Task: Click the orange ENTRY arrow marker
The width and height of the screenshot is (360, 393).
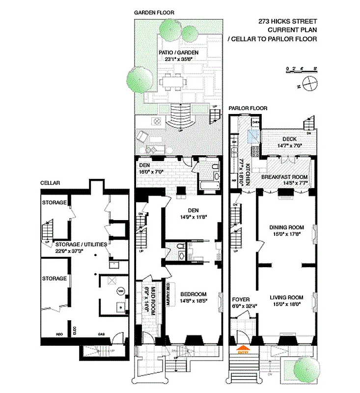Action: [243, 351]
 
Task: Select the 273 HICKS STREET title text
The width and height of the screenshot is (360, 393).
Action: [288, 21]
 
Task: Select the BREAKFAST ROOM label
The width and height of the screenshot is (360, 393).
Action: [284, 177]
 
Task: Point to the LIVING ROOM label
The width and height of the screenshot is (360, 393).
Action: [286, 297]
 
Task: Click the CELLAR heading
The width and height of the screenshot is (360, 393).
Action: [50, 183]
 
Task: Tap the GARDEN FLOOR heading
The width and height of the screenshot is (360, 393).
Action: [154, 12]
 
